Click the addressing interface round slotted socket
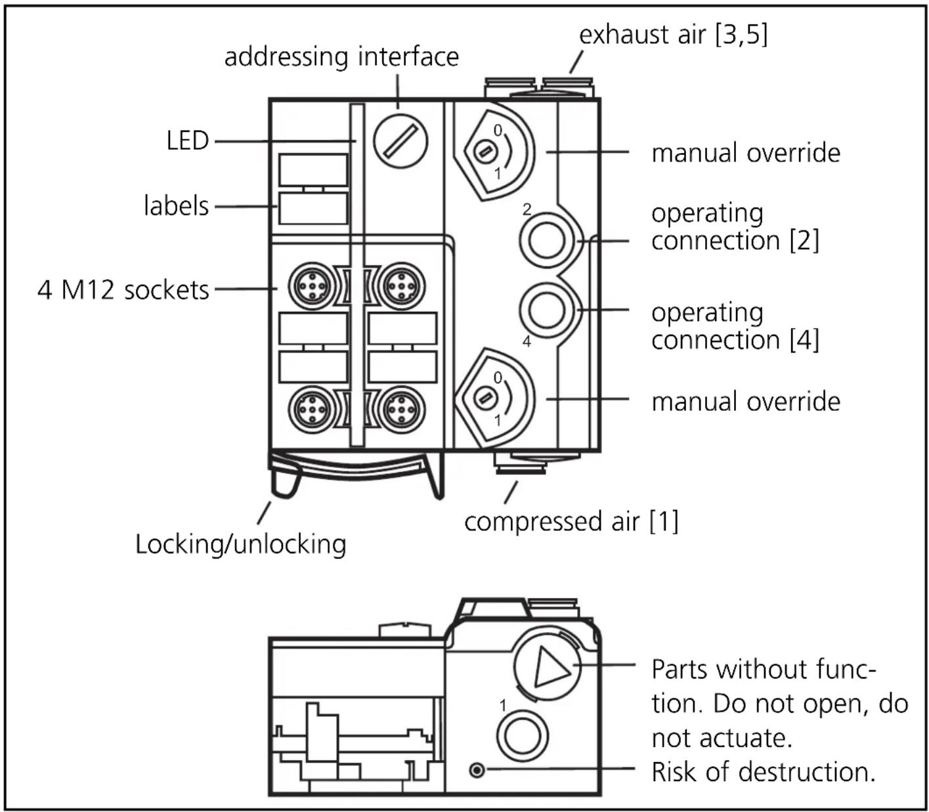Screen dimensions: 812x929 point(400,140)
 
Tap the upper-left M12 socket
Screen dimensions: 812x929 point(313,286)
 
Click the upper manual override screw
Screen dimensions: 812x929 point(485,152)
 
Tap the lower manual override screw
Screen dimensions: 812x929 point(485,398)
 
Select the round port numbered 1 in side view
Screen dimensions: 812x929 point(522,733)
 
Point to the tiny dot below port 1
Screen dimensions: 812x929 point(477,769)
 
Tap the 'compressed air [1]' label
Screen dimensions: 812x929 point(571,521)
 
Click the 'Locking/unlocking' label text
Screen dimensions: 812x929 point(240,544)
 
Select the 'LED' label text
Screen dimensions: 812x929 point(187,140)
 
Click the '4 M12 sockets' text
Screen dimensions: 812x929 point(123,289)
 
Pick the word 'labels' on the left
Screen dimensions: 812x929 point(176,206)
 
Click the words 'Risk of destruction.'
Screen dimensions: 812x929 point(763,772)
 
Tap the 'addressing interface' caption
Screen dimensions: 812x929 point(341,56)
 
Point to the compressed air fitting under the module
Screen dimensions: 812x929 point(520,465)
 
